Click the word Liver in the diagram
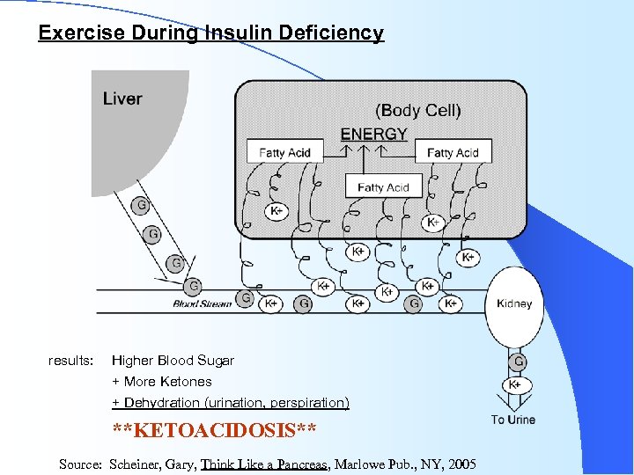click(122, 98)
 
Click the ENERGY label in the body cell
click(373, 135)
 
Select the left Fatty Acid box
click(284, 152)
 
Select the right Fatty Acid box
click(453, 152)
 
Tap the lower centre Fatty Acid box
click(383, 186)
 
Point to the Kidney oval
click(514, 304)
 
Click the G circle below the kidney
click(518, 362)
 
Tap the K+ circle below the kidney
click(516, 384)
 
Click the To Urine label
click(513, 420)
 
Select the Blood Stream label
click(203, 304)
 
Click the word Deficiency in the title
click(331, 33)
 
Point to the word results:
click(70, 361)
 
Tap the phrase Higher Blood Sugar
click(173, 361)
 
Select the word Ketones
click(186, 382)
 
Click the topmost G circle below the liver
click(140, 207)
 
